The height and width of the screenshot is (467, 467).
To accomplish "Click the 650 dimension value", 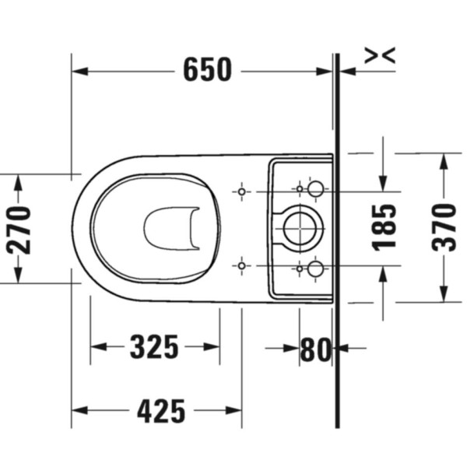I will [x=207, y=71].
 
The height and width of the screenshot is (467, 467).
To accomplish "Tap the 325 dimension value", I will [x=154, y=347].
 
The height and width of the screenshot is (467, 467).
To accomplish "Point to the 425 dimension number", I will [x=161, y=410].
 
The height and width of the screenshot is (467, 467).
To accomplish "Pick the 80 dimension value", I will [x=315, y=349].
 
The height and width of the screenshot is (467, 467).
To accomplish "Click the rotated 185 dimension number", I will [x=384, y=227].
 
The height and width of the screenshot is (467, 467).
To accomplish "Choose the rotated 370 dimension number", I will [x=444, y=226].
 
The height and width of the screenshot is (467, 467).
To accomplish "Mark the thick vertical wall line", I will [x=337, y=233].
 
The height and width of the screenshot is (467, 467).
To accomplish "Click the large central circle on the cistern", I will [x=301, y=228].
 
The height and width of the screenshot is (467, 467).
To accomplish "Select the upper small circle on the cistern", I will [x=316, y=189].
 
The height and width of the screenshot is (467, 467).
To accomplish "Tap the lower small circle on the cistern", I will [x=316, y=269].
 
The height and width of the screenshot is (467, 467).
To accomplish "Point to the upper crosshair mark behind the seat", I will [x=241, y=191].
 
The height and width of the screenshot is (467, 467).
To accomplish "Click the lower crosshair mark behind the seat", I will [x=241, y=266].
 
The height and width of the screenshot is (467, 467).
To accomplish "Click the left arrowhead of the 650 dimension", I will [x=78, y=71].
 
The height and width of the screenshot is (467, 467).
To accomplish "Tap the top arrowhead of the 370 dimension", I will [x=444, y=160].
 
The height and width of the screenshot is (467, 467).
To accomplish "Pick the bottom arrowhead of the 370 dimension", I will [x=444, y=294].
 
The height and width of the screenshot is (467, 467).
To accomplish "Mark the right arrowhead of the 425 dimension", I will [x=235, y=410].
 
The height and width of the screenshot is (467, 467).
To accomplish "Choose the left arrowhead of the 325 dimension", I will [x=98, y=347].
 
